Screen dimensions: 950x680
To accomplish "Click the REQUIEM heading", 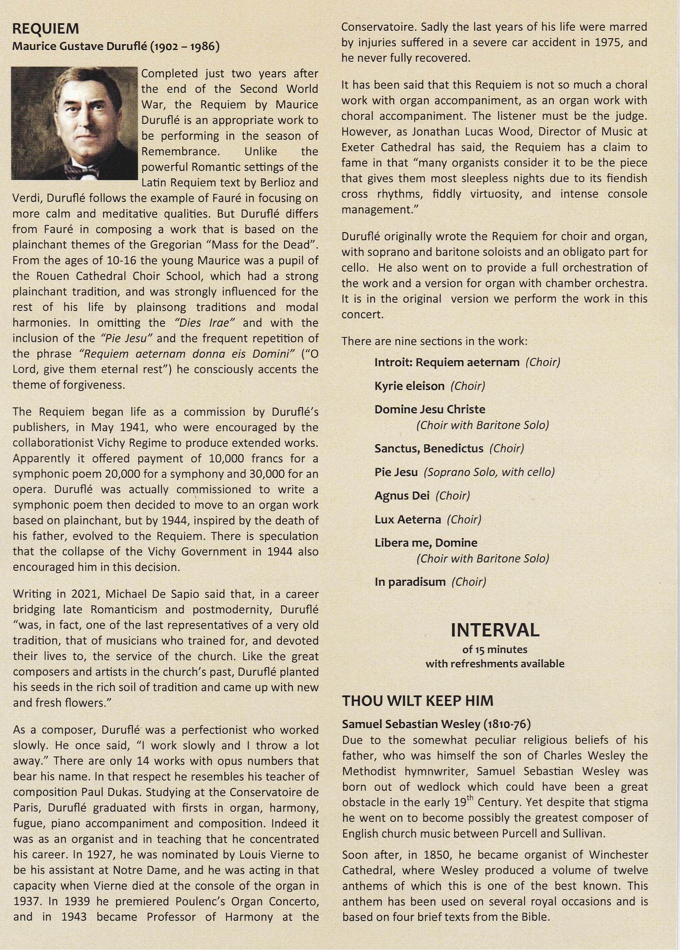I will coord(46,29).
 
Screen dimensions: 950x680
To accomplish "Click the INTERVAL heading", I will coord(495,630).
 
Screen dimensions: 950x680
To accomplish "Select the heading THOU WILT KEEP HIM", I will coord(417,701).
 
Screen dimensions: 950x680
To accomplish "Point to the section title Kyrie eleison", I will coord(409,385).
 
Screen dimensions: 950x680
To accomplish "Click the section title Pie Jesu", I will coord(396,472).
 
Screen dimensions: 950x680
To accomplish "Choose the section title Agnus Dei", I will coord(402,496).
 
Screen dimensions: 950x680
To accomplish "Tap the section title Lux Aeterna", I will coord(407,520).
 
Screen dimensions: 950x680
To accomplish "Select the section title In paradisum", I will coord(410,582).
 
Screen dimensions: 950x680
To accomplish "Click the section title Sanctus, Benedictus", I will coord(428,448).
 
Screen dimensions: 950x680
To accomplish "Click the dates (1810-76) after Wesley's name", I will coord(507,724).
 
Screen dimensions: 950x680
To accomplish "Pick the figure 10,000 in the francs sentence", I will coord(226,458).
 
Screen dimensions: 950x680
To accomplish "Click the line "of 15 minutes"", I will coord(495,649).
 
